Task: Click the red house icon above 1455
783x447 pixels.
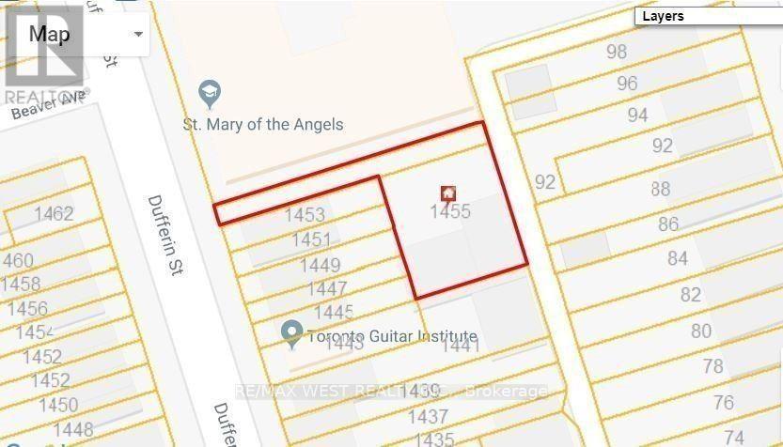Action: click(448, 193)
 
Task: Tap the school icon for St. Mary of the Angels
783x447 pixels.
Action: click(209, 93)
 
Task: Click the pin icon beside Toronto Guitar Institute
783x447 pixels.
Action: click(292, 332)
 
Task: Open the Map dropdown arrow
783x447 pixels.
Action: click(138, 34)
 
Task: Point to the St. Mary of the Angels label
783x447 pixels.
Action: click(263, 124)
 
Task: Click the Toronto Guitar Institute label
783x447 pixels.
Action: click(393, 336)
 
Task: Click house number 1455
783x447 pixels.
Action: click(449, 212)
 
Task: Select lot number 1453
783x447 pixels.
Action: click(307, 216)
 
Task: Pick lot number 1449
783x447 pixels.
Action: click(320, 266)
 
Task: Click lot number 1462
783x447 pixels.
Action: click(53, 214)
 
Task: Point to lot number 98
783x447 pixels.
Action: click(617, 52)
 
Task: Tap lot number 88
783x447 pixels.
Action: click(660, 190)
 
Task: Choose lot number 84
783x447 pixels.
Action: click(677, 258)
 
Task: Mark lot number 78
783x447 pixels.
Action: click(713, 365)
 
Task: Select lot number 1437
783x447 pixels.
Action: click(428, 416)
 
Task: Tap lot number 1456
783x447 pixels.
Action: click(26, 309)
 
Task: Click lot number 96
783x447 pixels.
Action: click(627, 84)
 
